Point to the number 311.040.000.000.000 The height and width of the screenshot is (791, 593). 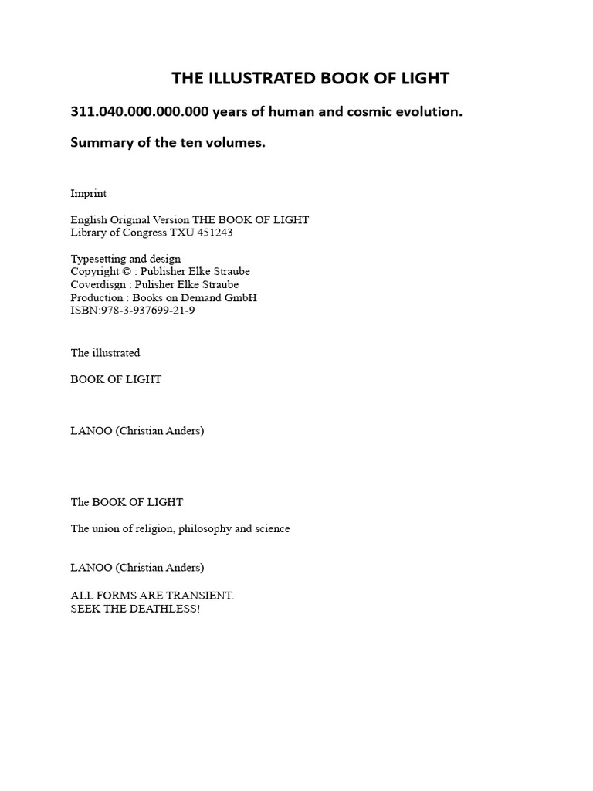click(x=140, y=111)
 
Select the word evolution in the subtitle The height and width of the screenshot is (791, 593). click(x=429, y=111)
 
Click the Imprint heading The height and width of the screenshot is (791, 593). click(x=89, y=193)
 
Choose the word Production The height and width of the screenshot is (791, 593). click(x=97, y=298)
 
